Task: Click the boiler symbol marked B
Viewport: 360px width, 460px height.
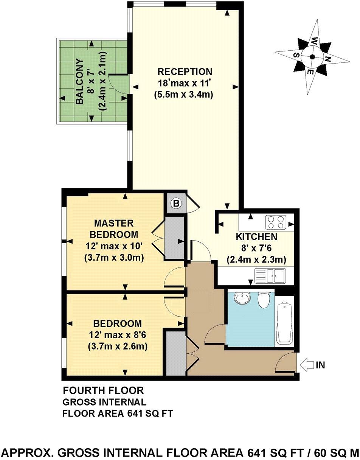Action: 176,204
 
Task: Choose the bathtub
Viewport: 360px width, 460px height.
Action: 284,323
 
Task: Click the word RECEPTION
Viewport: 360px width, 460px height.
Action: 185,71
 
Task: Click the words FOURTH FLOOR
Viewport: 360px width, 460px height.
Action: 103,390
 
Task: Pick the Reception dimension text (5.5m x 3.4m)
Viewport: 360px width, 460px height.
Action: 184,95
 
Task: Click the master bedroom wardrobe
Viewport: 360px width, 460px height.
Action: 174,238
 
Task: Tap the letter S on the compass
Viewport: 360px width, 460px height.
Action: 297,55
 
